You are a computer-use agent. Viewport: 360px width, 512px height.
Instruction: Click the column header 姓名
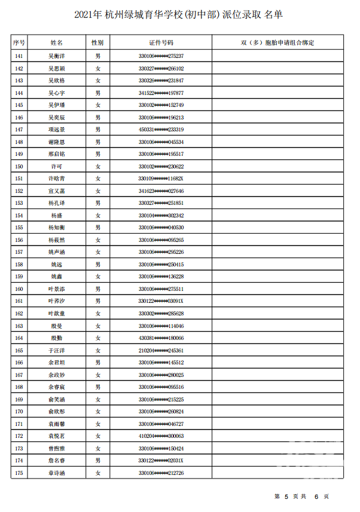(57, 43)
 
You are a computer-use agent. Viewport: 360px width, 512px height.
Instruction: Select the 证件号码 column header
(161, 43)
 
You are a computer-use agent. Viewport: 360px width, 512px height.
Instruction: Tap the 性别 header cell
(97, 43)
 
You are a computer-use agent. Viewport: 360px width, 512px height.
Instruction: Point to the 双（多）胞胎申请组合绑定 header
(277, 43)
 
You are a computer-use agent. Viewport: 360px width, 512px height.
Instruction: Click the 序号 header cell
(19, 43)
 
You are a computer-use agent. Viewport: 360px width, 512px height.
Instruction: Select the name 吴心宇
(57, 93)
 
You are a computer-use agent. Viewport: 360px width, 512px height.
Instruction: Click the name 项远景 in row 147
(57, 130)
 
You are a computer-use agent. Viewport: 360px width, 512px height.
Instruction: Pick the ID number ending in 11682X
(161, 179)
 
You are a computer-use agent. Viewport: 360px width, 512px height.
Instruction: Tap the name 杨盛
(57, 215)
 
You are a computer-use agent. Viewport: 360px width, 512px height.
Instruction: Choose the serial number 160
(19, 289)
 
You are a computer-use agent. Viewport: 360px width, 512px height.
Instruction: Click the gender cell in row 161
(97, 301)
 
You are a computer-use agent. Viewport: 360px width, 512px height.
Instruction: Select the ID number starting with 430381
(161, 338)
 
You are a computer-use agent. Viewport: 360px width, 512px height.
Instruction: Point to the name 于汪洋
(57, 351)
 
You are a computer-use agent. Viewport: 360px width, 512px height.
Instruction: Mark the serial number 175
(19, 473)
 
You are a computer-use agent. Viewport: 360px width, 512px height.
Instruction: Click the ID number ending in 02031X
(161, 461)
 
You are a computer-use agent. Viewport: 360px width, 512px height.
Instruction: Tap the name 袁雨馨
(57, 424)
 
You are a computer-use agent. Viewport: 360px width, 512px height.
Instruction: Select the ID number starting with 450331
(161, 130)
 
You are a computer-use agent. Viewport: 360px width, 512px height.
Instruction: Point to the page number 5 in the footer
(286, 496)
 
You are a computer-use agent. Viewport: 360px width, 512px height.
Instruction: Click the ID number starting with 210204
(161, 351)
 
